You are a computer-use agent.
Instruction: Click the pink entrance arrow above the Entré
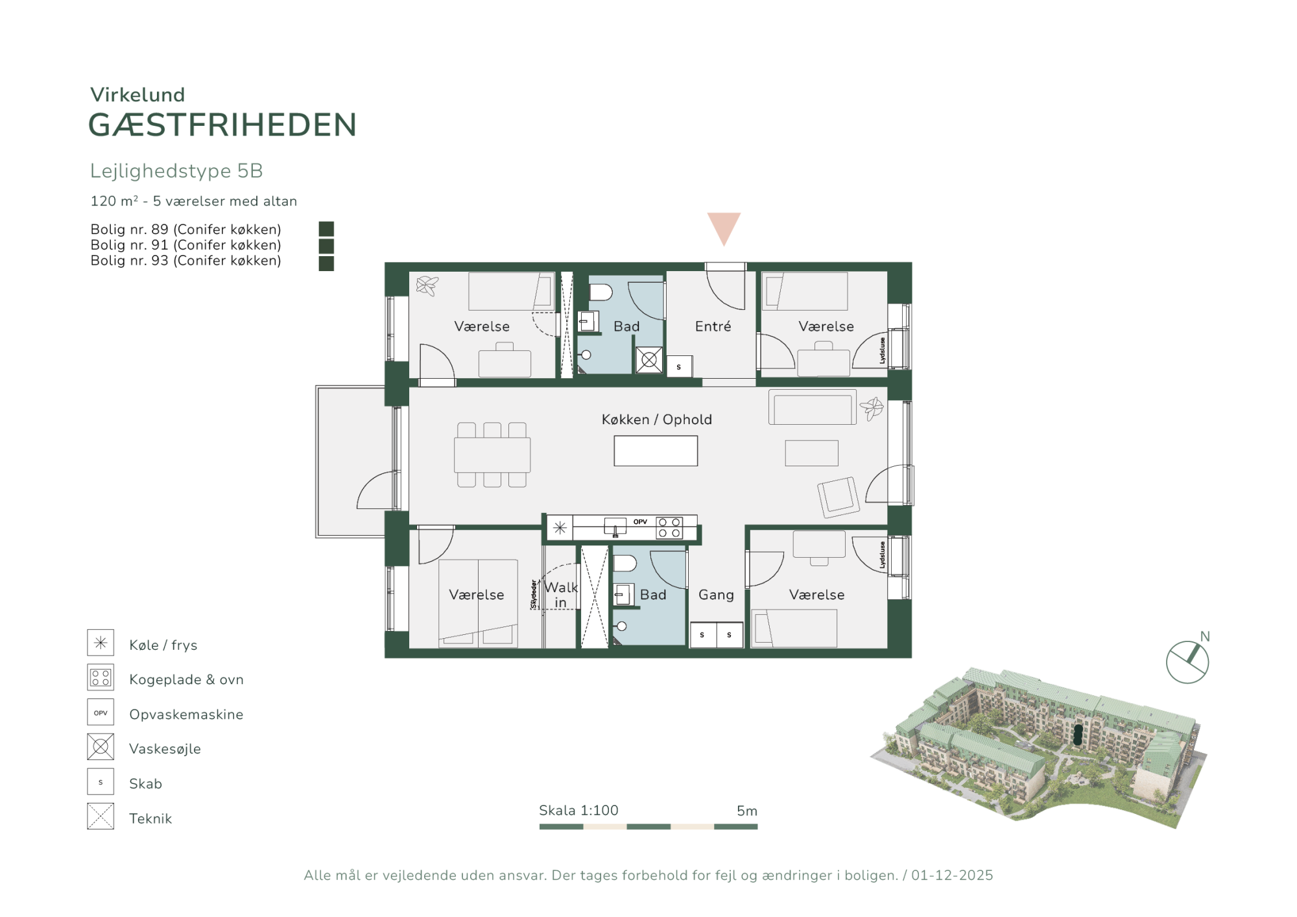724,227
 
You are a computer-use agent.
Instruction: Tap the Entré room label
713,326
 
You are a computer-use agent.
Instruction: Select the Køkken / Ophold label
656,420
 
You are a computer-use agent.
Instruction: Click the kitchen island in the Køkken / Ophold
656,451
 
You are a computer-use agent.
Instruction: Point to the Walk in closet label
561,595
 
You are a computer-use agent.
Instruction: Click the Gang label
716,595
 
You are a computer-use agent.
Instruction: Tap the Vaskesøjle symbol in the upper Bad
649,360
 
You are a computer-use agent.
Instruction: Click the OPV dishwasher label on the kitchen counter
640,521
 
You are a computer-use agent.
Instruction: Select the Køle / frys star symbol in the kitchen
560,528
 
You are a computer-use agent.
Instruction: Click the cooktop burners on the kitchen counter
669,528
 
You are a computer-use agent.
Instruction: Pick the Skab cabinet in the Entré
679,366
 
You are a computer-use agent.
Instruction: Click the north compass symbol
1187,662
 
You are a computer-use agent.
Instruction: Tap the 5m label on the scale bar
747,811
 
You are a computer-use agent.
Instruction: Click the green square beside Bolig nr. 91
326,246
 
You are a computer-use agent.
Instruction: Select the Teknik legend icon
101,816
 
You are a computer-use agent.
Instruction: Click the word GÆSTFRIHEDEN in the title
222,125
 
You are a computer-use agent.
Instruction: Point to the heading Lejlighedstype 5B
176,171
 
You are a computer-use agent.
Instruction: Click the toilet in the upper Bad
601,292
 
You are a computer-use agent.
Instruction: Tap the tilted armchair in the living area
839,497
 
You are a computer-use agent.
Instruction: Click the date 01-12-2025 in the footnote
952,875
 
